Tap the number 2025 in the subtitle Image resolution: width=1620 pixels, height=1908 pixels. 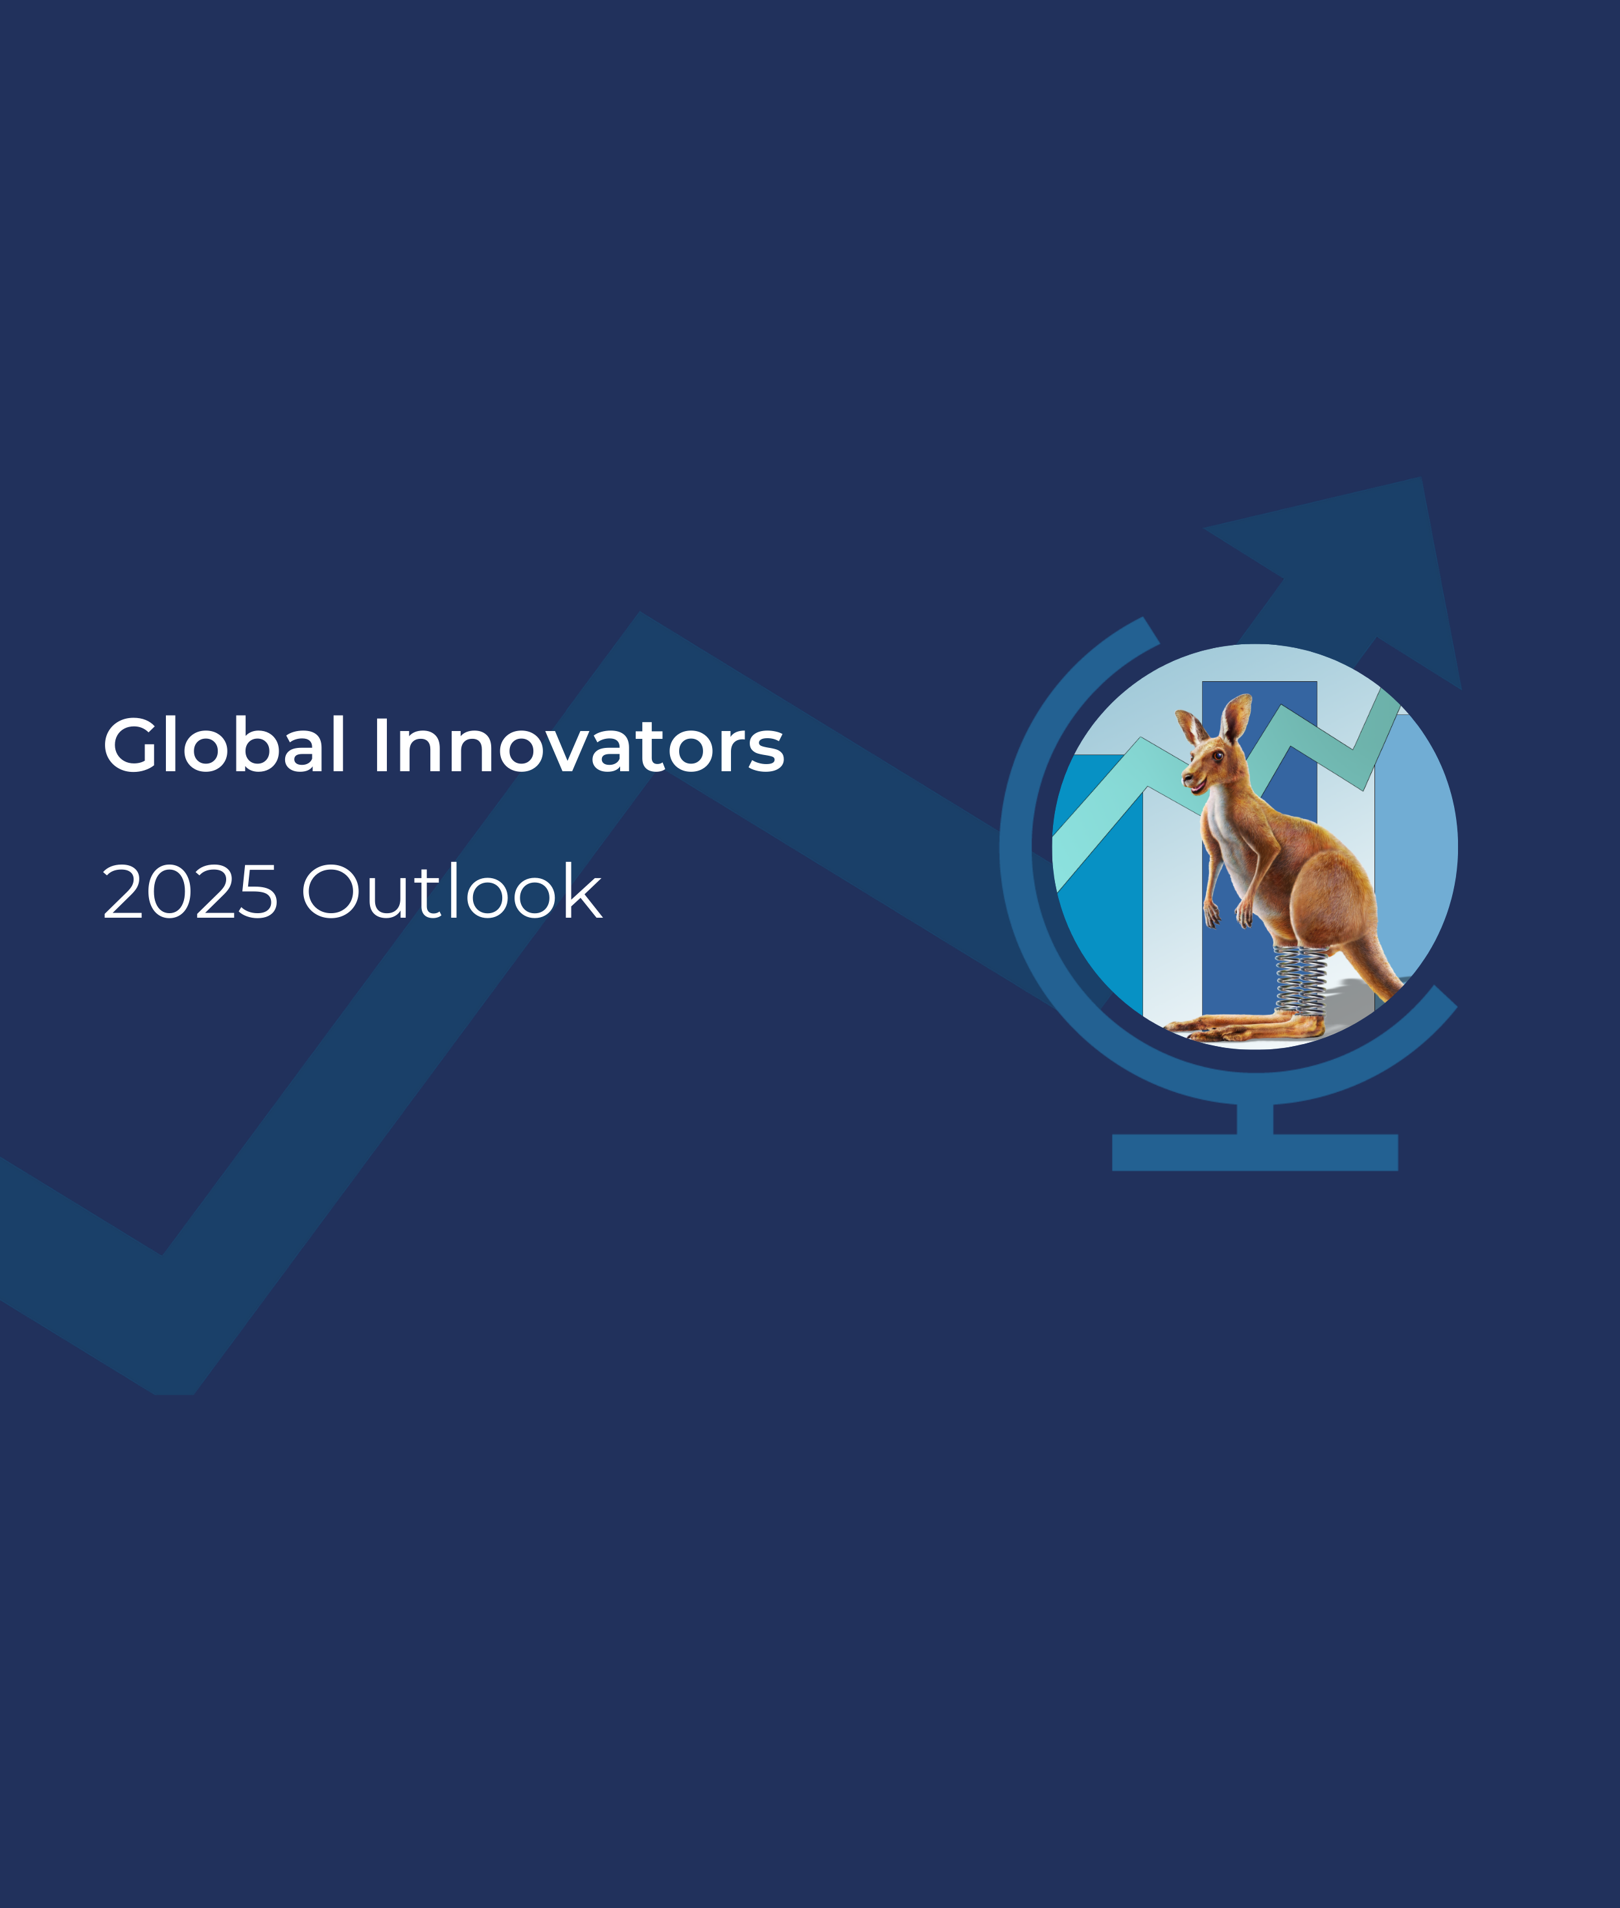click(x=189, y=892)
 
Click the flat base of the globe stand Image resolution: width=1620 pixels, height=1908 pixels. click(x=1255, y=1152)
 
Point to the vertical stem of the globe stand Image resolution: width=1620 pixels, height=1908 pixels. click(x=1255, y=1117)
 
